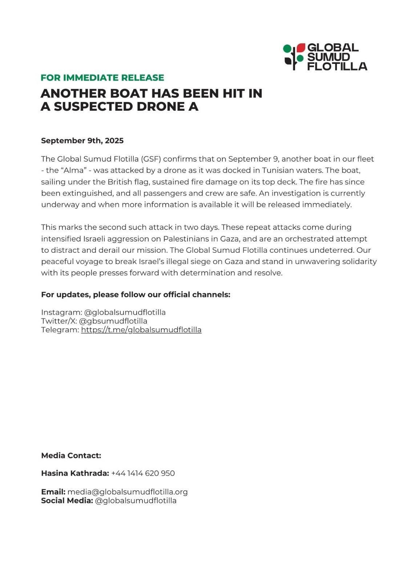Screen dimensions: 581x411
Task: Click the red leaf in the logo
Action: [x=301, y=48]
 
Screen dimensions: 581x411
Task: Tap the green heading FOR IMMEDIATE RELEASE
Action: [x=102, y=78]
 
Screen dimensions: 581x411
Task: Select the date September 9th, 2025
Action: [x=82, y=141]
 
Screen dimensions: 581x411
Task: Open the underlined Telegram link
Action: [x=141, y=330]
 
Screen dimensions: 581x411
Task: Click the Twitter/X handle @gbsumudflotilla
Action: [x=113, y=321]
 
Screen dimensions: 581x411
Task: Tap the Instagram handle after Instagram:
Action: [x=125, y=312]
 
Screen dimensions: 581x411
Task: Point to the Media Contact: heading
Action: [x=71, y=455]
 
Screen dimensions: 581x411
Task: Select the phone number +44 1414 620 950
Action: [x=143, y=473]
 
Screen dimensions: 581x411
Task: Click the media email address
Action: [x=128, y=492]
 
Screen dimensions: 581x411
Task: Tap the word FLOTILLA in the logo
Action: [x=337, y=66]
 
